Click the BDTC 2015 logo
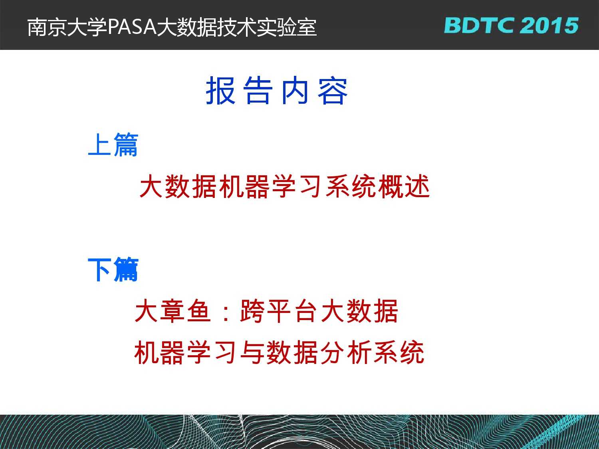pyautogui.click(x=511, y=26)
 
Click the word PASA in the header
pyautogui.click(x=132, y=27)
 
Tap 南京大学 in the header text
pyautogui.click(x=67, y=27)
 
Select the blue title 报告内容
pyautogui.click(x=277, y=91)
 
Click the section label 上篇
pyautogui.click(x=113, y=144)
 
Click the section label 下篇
pyautogui.click(x=113, y=269)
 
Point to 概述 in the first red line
pyautogui.click(x=404, y=186)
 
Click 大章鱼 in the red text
pyautogui.click(x=173, y=311)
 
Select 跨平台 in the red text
pyautogui.click(x=278, y=311)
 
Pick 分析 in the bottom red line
pyautogui.click(x=345, y=352)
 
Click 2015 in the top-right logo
pyautogui.click(x=550, y=26)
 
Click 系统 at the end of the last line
pyautogui.click(x=399, y=352)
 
